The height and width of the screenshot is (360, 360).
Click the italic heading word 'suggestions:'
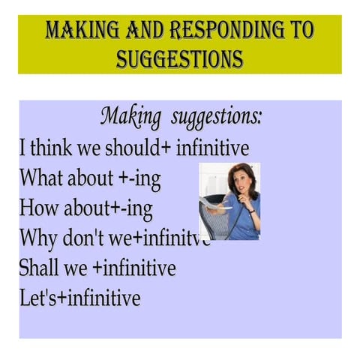coord(217,118)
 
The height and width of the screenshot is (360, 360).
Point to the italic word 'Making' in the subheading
coord(130,118)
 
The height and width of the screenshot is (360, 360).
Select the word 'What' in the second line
coord(40,178)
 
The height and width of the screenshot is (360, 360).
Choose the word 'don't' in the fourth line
coord(91,238)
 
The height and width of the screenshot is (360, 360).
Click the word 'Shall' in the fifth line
coord(41,268)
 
